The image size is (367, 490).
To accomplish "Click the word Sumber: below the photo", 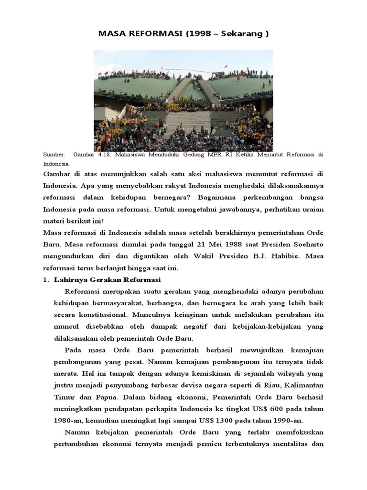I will (54, 155).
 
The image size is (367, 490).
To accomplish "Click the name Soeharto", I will (307, 244).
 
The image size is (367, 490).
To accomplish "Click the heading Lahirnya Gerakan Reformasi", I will (108, 279).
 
